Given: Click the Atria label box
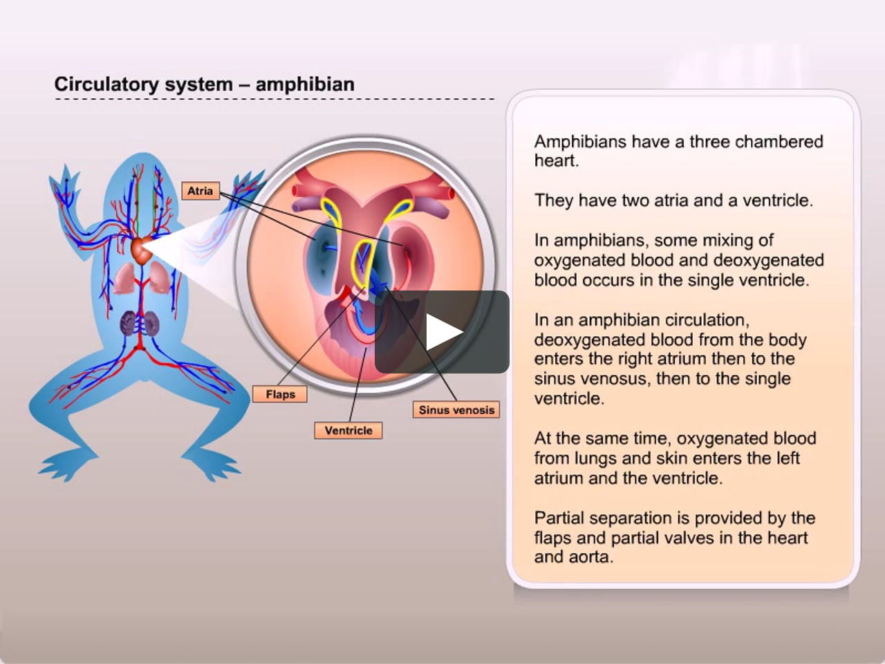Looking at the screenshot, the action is point(201,191).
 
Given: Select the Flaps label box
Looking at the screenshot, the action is point(280,394).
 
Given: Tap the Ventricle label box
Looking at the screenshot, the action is point(348,431).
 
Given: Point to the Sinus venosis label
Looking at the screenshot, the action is point(456,410).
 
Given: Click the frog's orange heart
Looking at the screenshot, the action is point(141,251).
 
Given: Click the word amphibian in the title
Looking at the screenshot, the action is point(305,84).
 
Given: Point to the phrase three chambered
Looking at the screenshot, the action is point(756,142).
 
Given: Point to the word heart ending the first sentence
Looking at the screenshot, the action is point(557,161).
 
